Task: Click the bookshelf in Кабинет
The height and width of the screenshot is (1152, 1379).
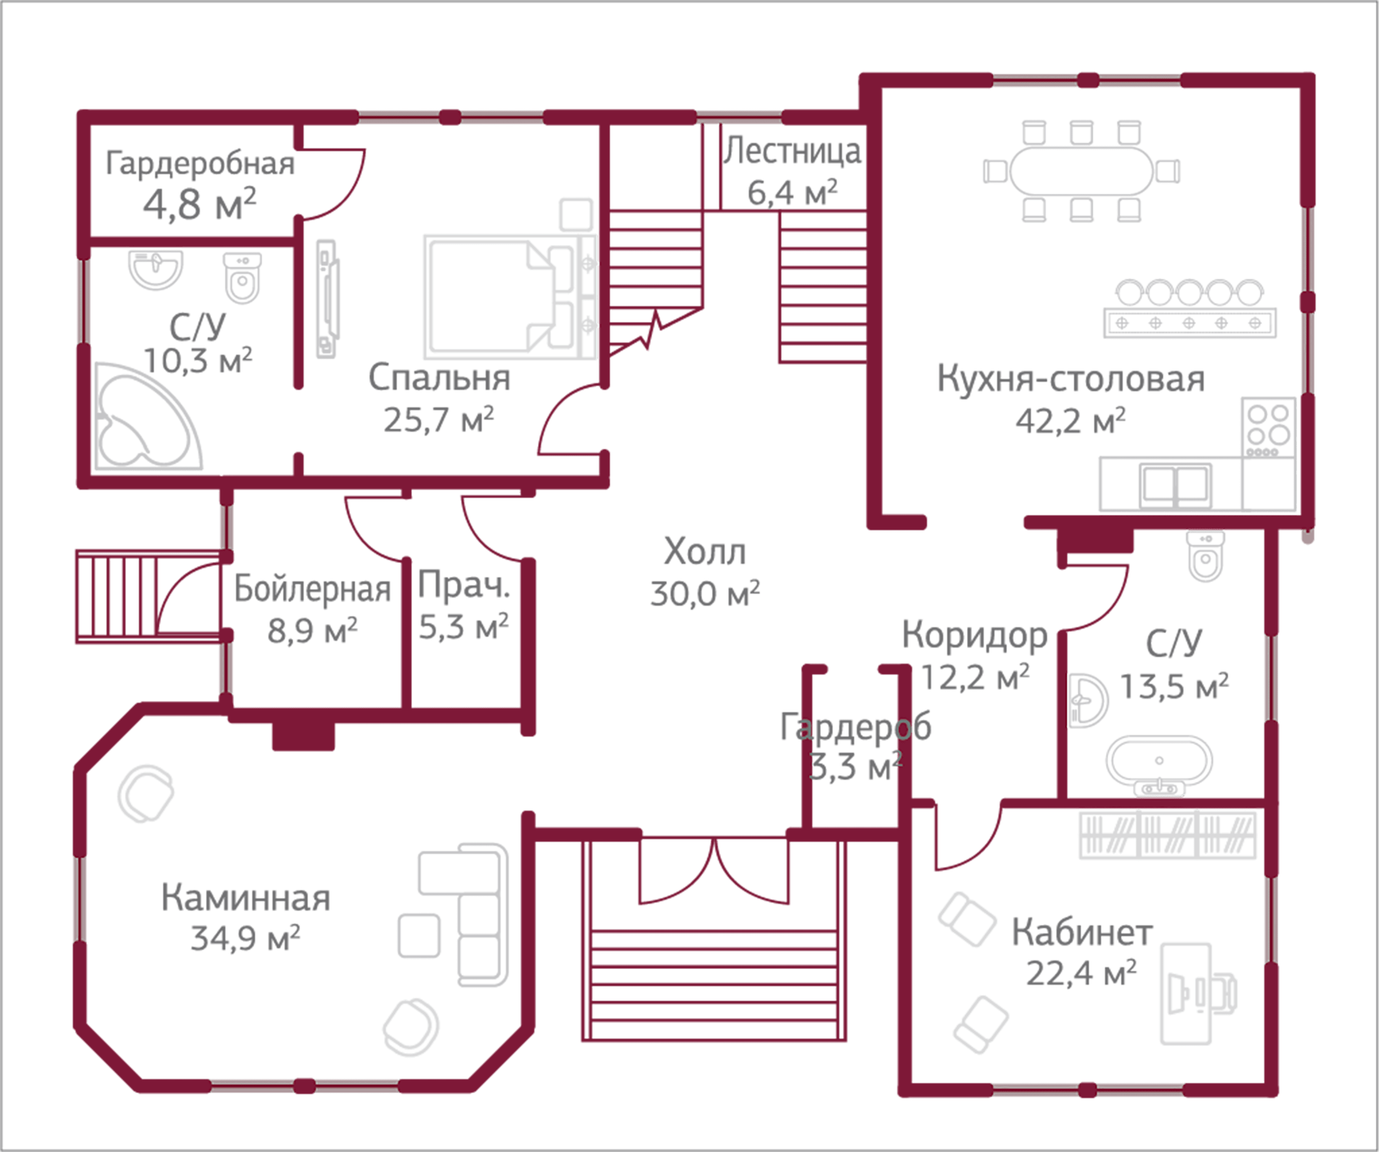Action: coord(1167,835)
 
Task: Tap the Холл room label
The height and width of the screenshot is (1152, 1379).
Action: coord(704,551)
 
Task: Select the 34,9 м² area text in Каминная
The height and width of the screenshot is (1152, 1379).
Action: coord(245,939)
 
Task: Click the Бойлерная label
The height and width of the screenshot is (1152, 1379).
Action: coord(312,589)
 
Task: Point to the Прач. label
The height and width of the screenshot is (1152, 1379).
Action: coord(464,585)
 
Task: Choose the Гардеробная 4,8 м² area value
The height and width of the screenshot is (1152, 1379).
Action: coord(199,205)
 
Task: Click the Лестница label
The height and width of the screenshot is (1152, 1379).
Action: coord(792,152)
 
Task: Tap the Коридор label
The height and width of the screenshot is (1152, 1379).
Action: coord(974,636)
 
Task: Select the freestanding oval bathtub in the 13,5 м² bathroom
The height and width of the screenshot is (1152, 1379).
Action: coord(1159,761)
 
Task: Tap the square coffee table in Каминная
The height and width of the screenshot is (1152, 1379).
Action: coord(419,935)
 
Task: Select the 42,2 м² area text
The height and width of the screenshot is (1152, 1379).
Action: coord(1070,421)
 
